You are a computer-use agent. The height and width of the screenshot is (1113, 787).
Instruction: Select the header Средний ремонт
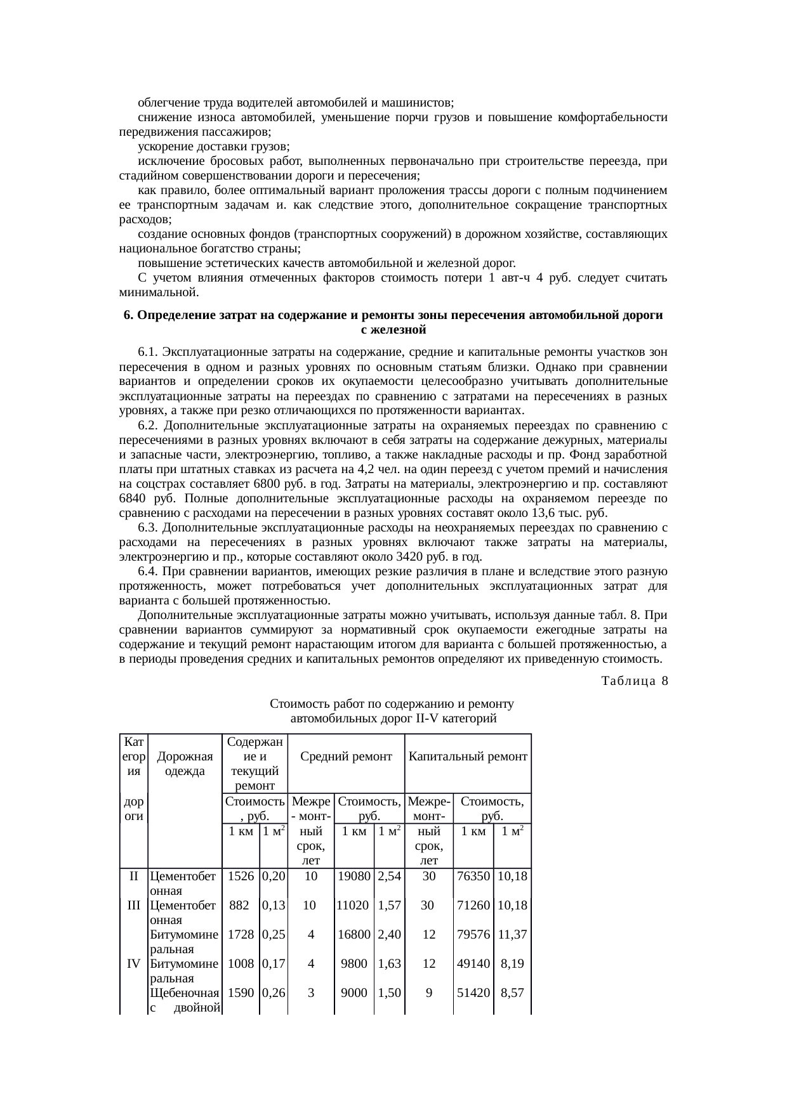[x=346, y=757]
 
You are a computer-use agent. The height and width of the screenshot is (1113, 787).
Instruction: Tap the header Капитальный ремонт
[x=468, y=757]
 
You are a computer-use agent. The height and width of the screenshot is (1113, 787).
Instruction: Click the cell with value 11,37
[x=512, y=935]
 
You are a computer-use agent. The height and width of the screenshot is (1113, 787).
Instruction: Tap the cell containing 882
[x=239, y=906]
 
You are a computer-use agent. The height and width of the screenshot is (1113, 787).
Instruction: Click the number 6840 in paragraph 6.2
[x=133, y=498]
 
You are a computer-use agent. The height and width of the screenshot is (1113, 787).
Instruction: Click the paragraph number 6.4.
[x=148, y=572]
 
